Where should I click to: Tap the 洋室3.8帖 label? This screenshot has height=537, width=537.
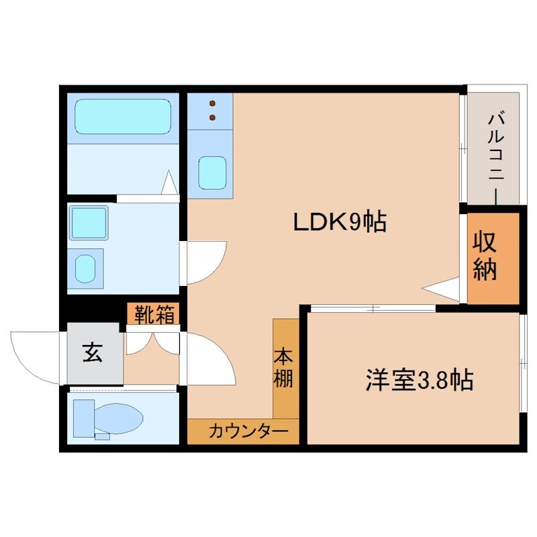pyautogui.click(x=420, y=380)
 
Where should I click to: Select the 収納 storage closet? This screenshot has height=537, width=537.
pyautogui.click(x=493, y=257)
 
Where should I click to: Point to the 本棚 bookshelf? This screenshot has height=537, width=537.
pyautogui.click(x=285, y=368)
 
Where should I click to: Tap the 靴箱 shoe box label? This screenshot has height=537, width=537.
pyautogui.click(x=154, y=313)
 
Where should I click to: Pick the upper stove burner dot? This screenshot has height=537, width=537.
pyautogui.click(x=213, y=104)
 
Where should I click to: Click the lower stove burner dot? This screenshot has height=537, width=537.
pyautogui.click(x=213, y=117)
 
